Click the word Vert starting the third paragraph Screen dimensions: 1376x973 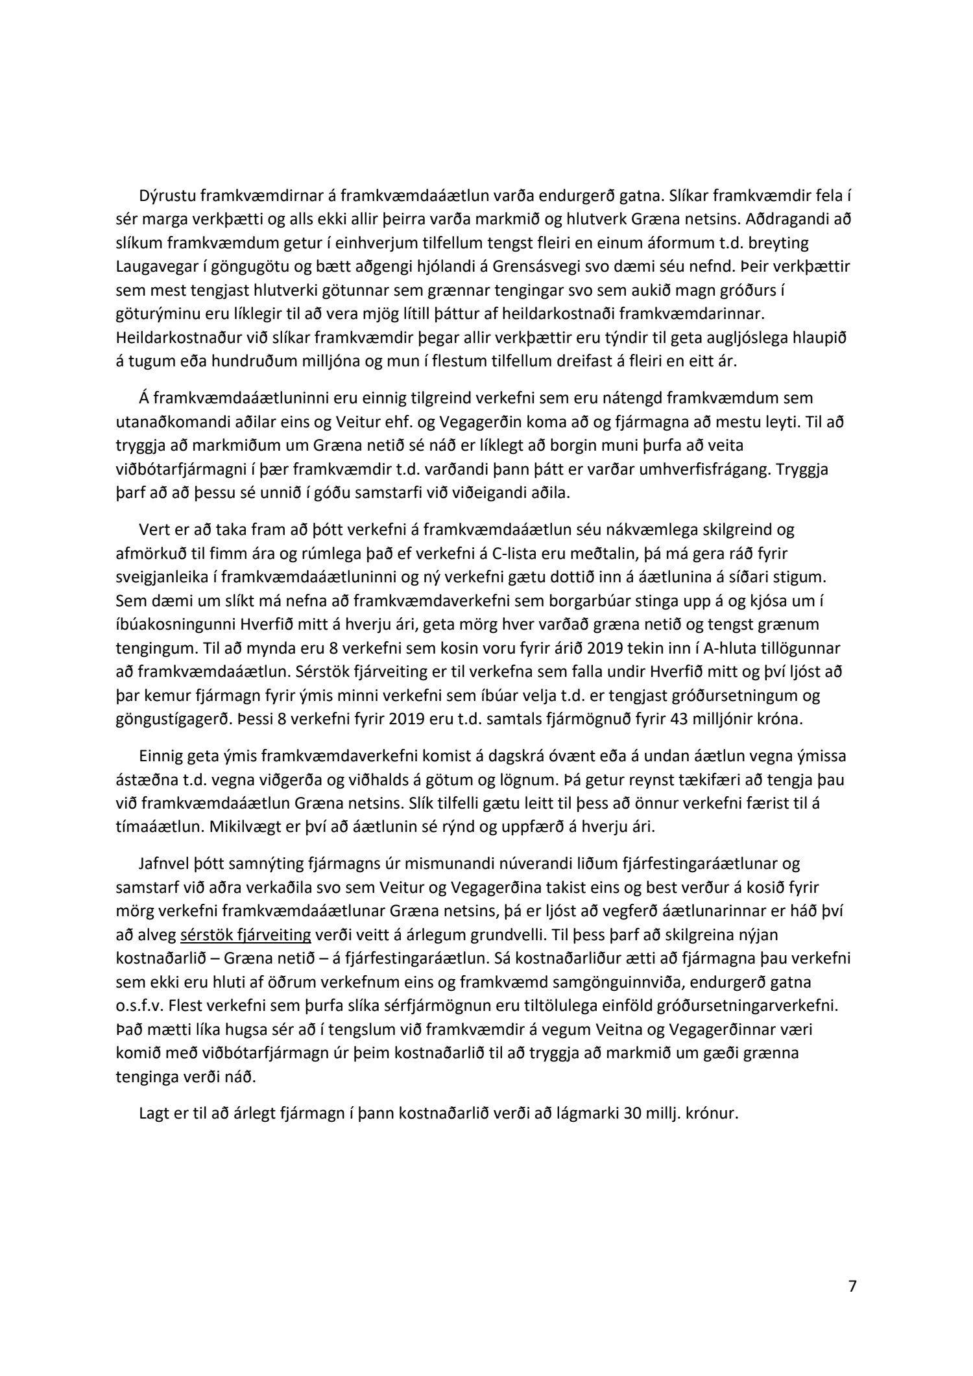point(152,529)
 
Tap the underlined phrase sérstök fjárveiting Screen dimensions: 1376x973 point(246,934)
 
